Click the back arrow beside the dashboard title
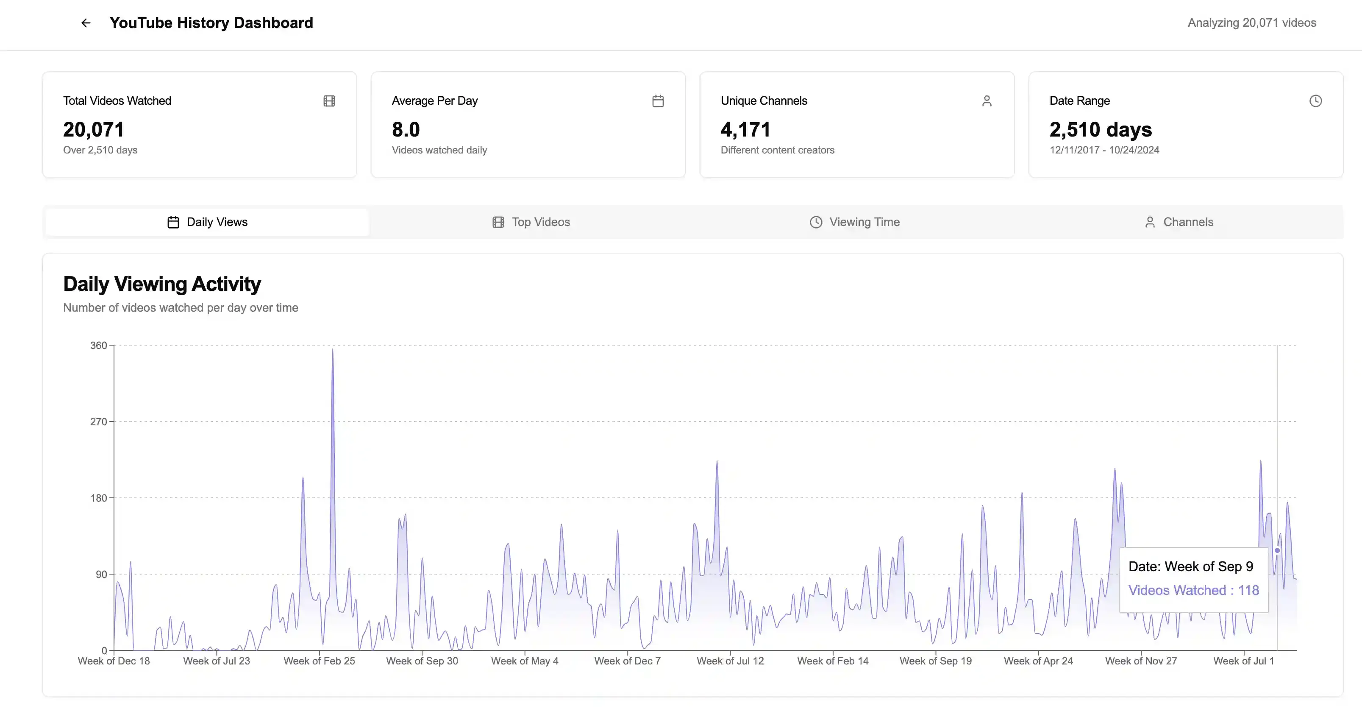86,23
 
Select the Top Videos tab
531,222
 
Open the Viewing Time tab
854,222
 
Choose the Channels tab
1179,222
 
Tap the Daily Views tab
207,222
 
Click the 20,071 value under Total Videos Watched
94,130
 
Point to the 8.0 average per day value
406,130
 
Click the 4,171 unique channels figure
745,130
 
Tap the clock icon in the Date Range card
1315,101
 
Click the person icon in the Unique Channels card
987,101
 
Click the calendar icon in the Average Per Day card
658,101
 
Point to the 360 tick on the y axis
98,346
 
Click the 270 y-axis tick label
98,421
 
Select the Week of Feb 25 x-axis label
320,661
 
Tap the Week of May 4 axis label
525,661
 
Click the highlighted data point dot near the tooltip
1277,550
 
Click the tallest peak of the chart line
333,348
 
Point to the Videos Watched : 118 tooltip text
1194,590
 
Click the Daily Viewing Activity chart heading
162,284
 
